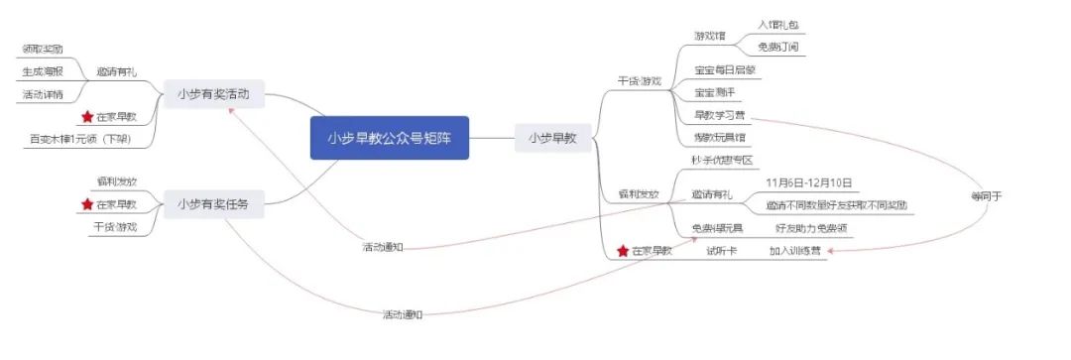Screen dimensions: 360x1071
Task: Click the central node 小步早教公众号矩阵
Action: pos(389,138)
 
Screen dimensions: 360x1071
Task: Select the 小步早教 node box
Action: pos(552,138)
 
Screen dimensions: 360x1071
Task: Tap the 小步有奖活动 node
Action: pos(214,94)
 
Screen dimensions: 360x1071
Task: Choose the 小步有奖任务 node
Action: pos(214,204)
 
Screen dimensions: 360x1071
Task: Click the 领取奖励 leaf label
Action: pos(43,48)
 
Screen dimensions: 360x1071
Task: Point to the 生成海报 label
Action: pos(43,71)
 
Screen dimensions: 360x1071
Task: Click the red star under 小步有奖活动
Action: pos(87,117)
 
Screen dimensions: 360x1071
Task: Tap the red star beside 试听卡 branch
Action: pos(623,251)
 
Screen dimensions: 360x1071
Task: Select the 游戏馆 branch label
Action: pos(710,36)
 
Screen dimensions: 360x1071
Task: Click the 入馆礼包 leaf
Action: pos(777,24)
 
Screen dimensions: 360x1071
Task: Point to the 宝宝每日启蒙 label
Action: pos(728,70)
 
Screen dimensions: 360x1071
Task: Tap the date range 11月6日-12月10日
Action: pos(810,182)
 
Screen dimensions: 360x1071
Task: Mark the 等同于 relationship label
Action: pos(987,195)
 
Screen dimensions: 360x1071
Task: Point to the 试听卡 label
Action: pos(721,251)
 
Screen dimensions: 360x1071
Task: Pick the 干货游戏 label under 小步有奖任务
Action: pos(117,228)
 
